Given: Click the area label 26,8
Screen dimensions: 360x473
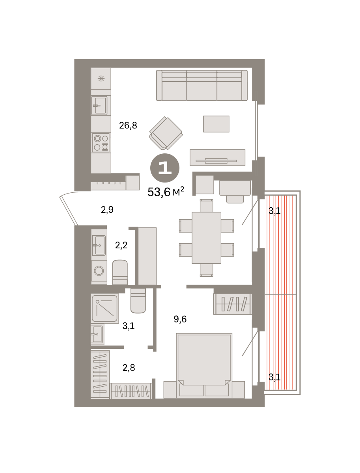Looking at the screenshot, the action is coord(128,125).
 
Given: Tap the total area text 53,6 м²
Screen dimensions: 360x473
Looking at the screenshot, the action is coord(166,192).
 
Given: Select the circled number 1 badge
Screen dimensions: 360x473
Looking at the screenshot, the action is coord(165,168).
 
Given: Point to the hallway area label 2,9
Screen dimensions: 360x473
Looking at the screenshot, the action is coord(107,210).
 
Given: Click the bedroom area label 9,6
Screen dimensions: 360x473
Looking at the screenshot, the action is coord(180,319).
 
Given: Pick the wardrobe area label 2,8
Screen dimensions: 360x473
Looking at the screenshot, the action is coord(129,368).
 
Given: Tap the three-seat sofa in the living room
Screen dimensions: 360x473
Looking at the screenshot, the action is coord(202,85).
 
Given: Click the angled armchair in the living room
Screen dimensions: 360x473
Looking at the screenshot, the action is coord(166,133).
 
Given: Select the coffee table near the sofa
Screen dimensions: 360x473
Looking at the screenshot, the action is coord(216,124).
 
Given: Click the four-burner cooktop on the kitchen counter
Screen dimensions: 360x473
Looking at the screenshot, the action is coord(101,143).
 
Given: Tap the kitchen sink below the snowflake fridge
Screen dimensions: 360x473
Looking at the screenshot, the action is coord(99,105).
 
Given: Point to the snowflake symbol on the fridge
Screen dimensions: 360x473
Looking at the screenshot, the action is coord(101,79).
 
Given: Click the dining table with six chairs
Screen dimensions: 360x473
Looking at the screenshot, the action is coord(207,238).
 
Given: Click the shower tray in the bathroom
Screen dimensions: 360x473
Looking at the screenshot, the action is coord(105,308).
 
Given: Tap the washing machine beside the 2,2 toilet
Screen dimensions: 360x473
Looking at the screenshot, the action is coord(99,271).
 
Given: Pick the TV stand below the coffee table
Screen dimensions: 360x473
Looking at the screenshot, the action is coord(218,158).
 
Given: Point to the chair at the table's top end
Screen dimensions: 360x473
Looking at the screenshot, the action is coord(207,206).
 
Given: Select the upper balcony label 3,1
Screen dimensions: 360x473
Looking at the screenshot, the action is coord(275,211).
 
